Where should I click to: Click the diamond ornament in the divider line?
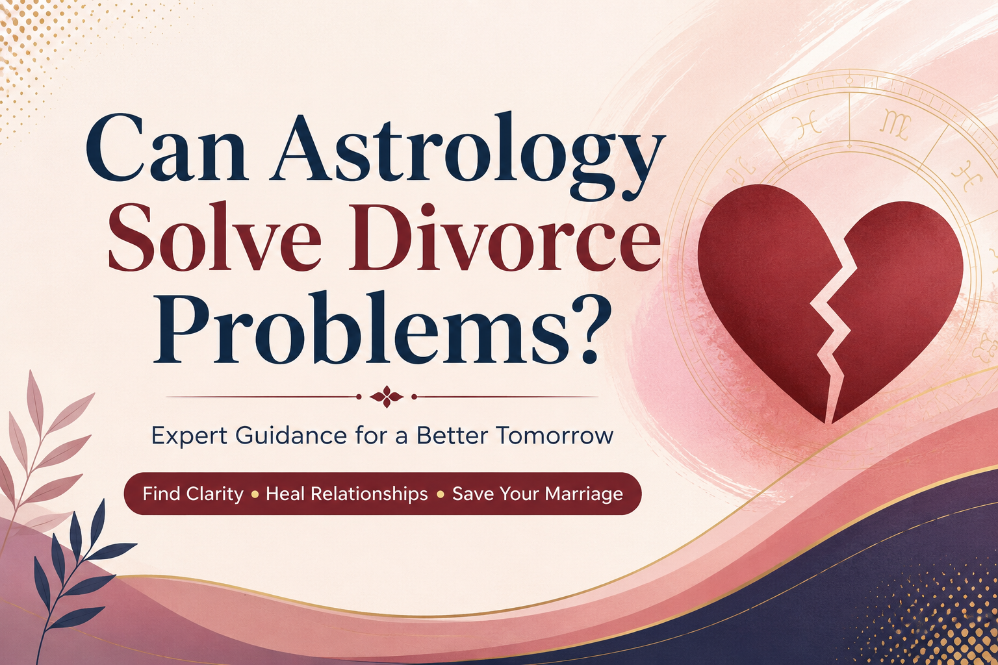[x=387, y=396]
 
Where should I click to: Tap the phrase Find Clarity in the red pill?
[x=193, y=494]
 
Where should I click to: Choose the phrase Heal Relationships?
[x=346, y=494]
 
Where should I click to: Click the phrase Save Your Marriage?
[x=537, y=494]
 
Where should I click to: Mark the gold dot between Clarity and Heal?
[x=255, y=494]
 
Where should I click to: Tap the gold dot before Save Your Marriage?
[x=440, y=494]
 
